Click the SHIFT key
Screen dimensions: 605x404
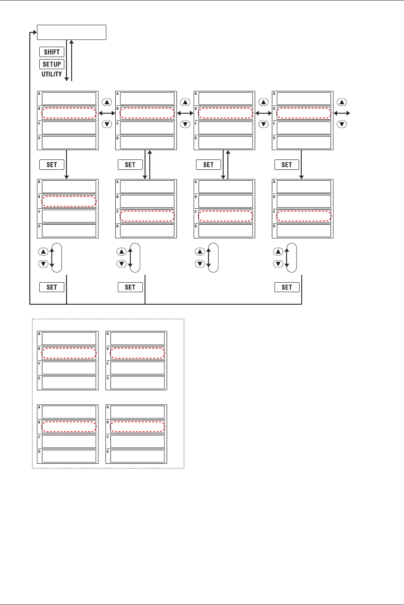click(x=52, y=52)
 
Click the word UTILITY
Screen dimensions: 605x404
click(x=52, y=74)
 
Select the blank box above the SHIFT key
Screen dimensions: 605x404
click(x=72, y=32)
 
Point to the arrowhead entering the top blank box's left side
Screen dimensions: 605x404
click(x=35, y=32)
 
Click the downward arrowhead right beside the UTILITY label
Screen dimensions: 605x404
click(x=66, y=79)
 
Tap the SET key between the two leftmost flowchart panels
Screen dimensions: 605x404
click(x=52, y=165)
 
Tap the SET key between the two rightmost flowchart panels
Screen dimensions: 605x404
click(x=287, y=165)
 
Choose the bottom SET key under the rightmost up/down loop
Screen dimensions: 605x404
click(x=287, y=287)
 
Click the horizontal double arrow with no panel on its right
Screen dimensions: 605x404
click(x=342, y=113)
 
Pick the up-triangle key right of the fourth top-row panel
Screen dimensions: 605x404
click(x=342, y=102)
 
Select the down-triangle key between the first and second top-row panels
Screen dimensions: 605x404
click(x=107, y=124)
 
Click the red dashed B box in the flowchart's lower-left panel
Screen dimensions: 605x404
click(x=69, y=201)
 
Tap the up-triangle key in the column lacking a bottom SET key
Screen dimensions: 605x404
click(x=200, y=252)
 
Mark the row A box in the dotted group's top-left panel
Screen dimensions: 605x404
click(x=69, y=338)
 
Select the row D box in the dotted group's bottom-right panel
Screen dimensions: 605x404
click(x=137, y=456)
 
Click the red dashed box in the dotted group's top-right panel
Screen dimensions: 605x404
click(x=137, y=353)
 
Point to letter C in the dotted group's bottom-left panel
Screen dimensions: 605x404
click(x=39, y=437)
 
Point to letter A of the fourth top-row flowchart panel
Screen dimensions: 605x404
click(x=274, y=94)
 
